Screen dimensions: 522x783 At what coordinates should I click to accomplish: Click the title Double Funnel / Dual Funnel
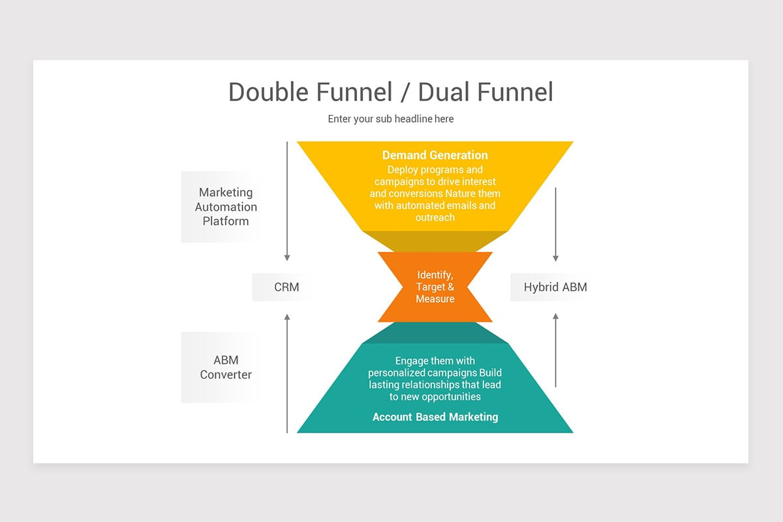[390, 92]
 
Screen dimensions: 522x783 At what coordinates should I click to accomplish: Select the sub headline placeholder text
[390, 119]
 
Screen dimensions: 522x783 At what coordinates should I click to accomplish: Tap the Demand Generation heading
[435, 155]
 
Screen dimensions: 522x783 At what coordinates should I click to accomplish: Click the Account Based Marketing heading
[435, 417]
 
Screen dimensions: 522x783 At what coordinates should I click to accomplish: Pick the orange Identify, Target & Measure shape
[435, 287]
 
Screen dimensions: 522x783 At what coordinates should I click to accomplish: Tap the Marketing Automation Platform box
[225, 207]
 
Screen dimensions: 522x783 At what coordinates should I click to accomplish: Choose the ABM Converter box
[225, 367]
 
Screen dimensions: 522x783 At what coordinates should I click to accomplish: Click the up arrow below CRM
[287, 372]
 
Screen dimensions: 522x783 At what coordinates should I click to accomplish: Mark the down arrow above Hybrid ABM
[556, 224]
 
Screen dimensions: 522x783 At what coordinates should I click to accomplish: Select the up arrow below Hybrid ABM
[556, 350]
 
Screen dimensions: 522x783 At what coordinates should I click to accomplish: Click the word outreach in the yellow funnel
[435, 217]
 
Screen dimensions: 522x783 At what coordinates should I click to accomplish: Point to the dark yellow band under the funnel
[435, 241]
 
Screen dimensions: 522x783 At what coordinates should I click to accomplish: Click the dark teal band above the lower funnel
[435, 333]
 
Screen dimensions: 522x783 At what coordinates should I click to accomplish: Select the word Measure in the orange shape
[435, 299]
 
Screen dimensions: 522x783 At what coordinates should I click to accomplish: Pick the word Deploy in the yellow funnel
[402, 170]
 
